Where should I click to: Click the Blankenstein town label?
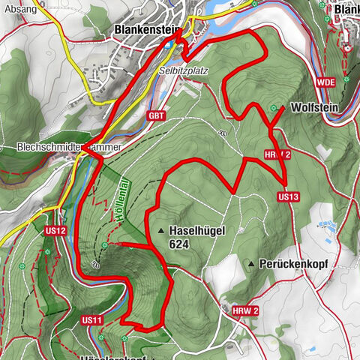point(148,31)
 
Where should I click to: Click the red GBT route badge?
point(156,115)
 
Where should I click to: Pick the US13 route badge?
point(288,197)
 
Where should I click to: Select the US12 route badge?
point(55,229)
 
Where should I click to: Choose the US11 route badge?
point(91,320)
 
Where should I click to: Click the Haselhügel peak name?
point(198,230)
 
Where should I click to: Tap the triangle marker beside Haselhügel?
point(161,230)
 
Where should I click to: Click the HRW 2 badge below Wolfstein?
point(277,154)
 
